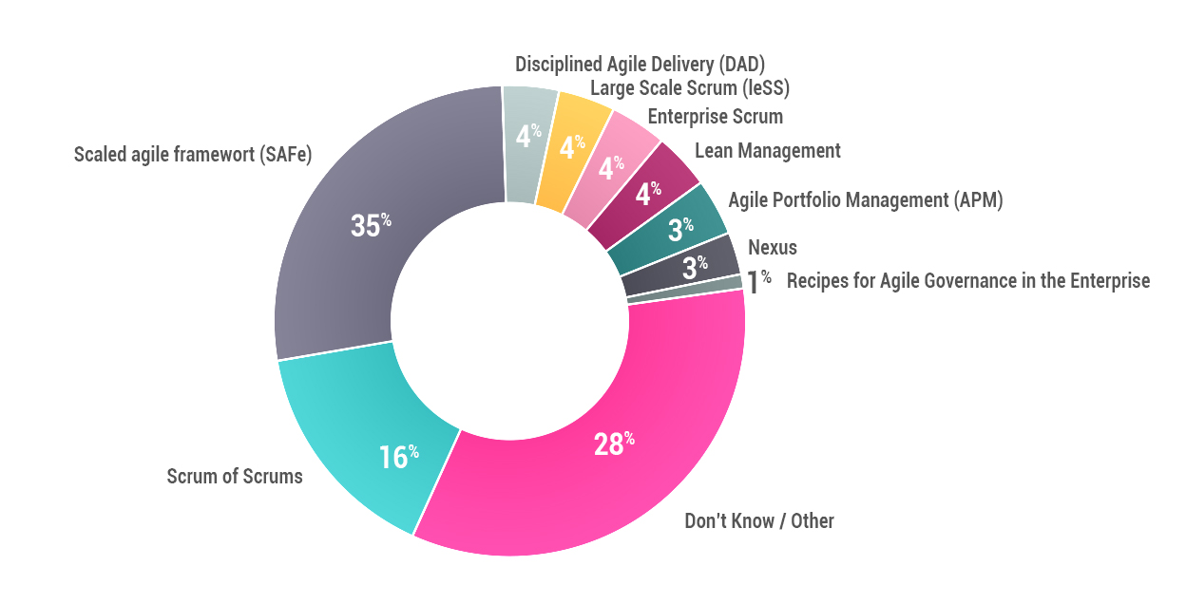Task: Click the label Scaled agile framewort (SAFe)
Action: pos(193,154)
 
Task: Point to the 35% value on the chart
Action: pos(371,226)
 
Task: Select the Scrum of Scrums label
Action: pos(235,476)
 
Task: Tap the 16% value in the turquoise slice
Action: pos(398,457)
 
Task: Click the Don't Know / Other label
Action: pos(759,520)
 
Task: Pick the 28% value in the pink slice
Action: pos(614,444)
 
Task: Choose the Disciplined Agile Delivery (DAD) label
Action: pos(640,64)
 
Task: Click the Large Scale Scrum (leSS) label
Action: pos(690,88)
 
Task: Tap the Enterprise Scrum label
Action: pos(716,117)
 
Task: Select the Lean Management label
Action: pos(768,151)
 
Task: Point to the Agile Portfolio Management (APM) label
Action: pos(865,200)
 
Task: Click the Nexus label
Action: pos(773,248)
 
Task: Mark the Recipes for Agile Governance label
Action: pos(967,281)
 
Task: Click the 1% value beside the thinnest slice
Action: pos(758,281)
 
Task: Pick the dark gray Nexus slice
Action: pos(699,266)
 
